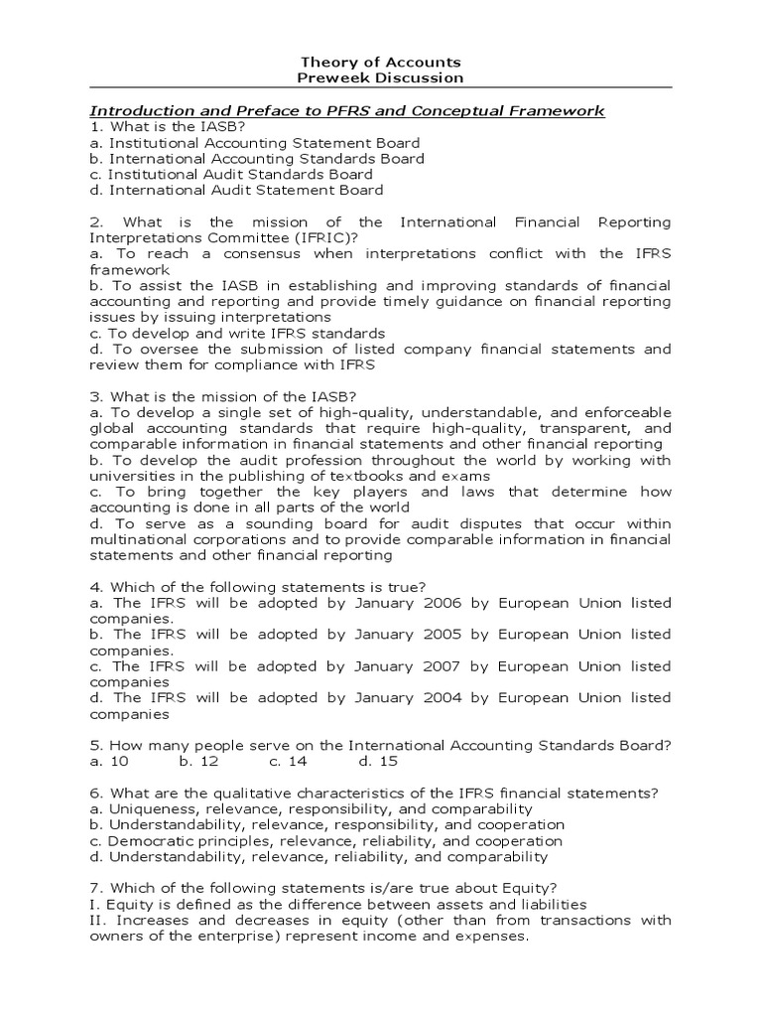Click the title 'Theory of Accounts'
click(382, 62)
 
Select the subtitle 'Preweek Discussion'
click(382, 77)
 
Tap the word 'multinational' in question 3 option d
click(138, 539)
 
